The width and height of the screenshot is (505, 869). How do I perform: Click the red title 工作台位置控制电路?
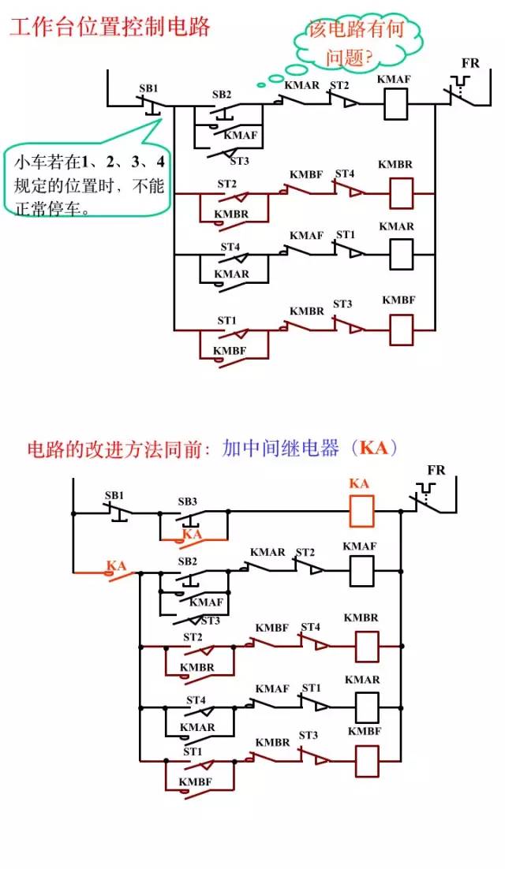pyautogui.click(x=109, y=27)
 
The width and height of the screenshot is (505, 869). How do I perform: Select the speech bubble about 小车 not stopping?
pyautogui.click(x=88, y=177)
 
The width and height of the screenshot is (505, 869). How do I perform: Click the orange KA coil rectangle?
pyautogui.click(x=361, y=510)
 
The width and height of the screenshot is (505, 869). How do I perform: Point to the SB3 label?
pyautogui.click(x=187, y=502)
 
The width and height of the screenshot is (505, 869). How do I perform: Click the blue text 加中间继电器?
pyautogui.click(x=280, y=448)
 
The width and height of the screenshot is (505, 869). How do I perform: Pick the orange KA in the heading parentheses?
pyautogui.click(x=374, y=447)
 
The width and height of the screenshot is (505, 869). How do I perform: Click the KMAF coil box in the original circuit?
pyautogui.click(x=396, y=105)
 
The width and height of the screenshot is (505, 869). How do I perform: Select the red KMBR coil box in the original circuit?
pyautogui.click(x=402, y=193)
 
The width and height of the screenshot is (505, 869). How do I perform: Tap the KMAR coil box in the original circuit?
pyautogui.click(x=402, y=255)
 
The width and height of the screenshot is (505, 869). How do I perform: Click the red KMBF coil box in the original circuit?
pyautogui.click(x=402, y=330)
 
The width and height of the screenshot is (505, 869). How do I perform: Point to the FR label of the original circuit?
pyautogui.click(x=470, y=64)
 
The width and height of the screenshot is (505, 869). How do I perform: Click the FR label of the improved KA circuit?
pyautogui.click(x=436, y=470)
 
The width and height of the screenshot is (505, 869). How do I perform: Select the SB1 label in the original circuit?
pyautogui.click(x=148, y=88)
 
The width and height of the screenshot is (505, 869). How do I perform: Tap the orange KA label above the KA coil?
pyautogui.click(x=359, y=483)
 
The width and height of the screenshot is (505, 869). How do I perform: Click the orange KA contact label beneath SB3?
pyautogui.click(x=193, y=534)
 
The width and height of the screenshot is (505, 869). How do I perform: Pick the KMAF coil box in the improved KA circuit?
pyautogui.click(x=361, y=572)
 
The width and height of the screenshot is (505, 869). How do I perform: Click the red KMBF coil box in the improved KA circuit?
pyautogui.click(x=367, y=761)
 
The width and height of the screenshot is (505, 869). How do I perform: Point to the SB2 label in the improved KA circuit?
pyautogui.click(x=187, y=561)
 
